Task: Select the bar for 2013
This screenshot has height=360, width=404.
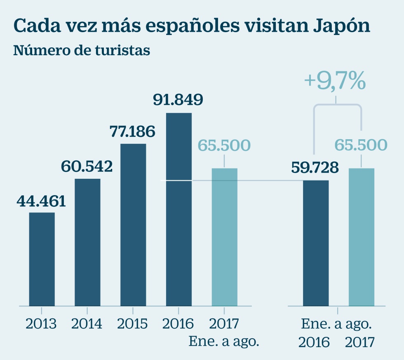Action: tap(42, 259)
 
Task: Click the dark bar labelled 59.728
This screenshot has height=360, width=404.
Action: tap(316, 243)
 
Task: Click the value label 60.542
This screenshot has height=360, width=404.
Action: tap(87, 167)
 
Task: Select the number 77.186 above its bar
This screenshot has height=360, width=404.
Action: tap(132, 131)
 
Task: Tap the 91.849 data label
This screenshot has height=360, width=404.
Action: tap(178, 100)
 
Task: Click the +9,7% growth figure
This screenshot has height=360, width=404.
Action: tap(335, 81)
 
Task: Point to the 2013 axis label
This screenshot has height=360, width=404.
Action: tap(41, 324)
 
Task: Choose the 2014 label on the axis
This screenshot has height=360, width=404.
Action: tap(87, 324)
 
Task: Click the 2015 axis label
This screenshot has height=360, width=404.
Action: tap(132, 324)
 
